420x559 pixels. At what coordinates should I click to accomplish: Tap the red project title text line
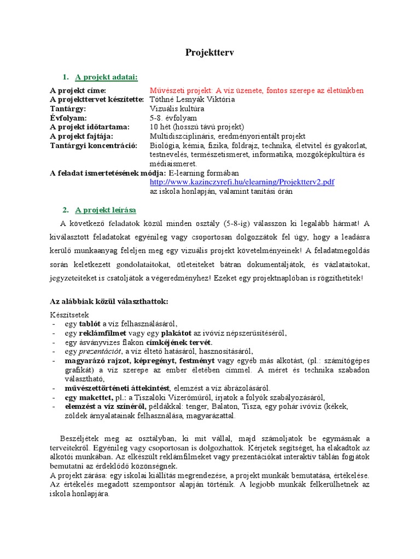tap(256, 90)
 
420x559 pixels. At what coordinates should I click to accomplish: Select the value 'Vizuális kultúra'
tap(174, 109)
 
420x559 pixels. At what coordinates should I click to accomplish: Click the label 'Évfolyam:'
tap(67, 118)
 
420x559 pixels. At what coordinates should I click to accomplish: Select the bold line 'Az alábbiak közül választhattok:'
tap(109, 301)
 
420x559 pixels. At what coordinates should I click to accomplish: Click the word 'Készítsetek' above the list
tap(68, 315)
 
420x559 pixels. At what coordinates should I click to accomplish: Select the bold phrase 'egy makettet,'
tap(89, 397)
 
